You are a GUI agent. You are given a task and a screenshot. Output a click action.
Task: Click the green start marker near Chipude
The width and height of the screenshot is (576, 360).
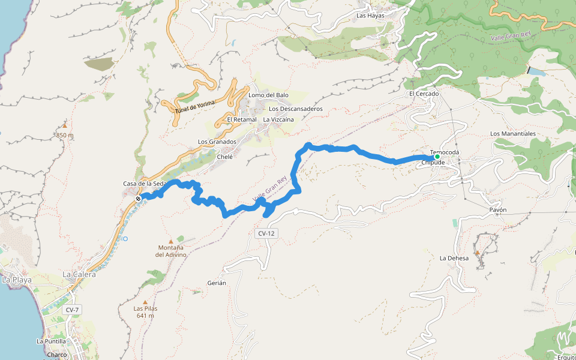437,157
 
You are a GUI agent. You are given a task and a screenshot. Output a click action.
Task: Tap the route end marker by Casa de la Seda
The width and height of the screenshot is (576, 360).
138,198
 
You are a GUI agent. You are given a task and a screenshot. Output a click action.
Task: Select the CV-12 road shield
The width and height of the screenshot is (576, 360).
267,233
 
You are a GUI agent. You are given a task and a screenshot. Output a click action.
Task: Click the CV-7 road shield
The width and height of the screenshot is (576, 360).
72,310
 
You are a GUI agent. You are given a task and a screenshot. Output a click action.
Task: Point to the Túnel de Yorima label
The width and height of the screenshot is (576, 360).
195,106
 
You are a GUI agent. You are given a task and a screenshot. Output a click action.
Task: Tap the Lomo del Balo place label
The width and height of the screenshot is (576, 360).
268,95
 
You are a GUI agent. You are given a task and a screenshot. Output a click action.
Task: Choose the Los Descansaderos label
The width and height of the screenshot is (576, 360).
296,109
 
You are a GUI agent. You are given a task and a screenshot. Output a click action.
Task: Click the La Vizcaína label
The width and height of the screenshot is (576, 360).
278,120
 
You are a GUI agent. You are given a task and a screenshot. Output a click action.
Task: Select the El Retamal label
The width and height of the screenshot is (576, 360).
242,120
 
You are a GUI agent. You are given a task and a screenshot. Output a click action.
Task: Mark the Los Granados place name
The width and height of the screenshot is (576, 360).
217,142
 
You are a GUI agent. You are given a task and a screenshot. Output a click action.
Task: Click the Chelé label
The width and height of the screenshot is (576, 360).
224,157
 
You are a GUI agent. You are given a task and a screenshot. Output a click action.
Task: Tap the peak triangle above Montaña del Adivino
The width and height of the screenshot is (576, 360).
171,241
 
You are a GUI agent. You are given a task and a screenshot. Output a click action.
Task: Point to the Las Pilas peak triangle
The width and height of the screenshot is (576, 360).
145,302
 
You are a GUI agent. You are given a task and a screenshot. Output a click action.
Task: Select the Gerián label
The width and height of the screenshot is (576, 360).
217,283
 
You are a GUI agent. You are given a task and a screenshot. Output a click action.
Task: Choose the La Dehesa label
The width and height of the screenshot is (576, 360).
454,259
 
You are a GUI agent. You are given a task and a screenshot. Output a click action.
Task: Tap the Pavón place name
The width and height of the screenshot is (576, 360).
498,211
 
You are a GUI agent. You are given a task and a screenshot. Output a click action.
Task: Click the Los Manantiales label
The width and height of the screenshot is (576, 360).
512,133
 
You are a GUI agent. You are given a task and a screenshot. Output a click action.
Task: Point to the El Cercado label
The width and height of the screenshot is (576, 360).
424,94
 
